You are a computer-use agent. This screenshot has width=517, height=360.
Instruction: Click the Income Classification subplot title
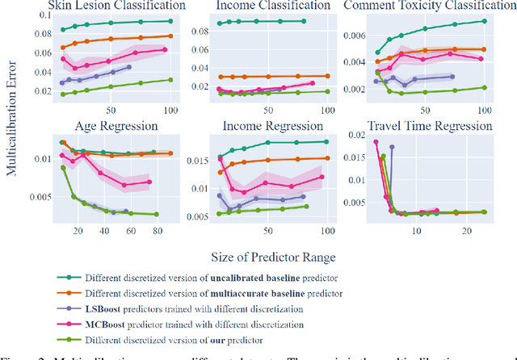tap(263, 6)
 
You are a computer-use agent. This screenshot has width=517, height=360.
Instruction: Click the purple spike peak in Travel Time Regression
tap(392, 147)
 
